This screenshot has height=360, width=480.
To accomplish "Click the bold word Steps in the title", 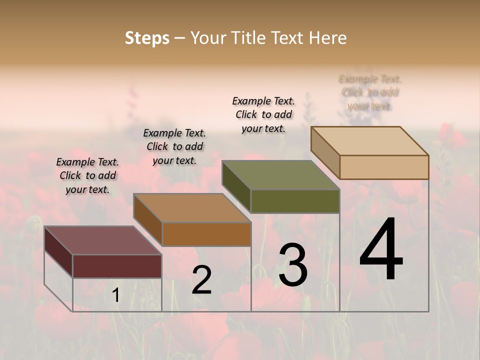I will (x=147, y=38).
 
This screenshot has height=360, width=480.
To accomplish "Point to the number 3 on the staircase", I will (x=293, y=265).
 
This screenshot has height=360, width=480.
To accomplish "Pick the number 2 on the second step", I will (x=201, y=280).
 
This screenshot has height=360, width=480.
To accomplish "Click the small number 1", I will (x=116, y=295).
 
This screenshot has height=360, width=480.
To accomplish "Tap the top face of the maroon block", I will (x=103, y=240).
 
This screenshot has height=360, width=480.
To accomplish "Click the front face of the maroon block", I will (x=117, y=266).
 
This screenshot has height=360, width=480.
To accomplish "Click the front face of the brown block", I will (x=206, y=234).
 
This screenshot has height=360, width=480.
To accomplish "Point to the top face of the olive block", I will (x=281, y=175).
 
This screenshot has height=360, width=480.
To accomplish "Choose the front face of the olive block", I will (x=295, y=201).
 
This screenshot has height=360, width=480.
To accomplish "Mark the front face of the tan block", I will (x=384, y=167).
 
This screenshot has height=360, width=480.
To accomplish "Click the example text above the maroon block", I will (x=87, y=175).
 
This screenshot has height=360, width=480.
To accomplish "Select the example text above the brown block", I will (x=174, y=146).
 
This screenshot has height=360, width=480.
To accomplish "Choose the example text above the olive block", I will (x=263, y=114).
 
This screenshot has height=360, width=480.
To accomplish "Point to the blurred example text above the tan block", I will (x=370, y=92).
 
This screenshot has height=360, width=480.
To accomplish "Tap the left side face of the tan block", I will (x=325, y=153).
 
